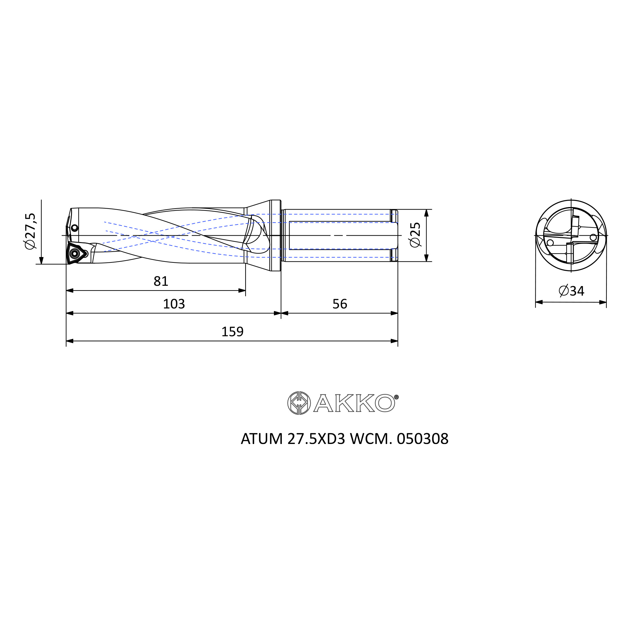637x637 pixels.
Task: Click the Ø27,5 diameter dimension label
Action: click(x=30, y=231)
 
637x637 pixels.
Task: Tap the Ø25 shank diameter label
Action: click(x=415, y=235)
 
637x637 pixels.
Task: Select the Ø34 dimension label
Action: click(x=571, y=291)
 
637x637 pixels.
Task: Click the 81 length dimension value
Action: click(x=161, y=281)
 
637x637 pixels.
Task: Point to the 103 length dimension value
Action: click(x=174, y=304)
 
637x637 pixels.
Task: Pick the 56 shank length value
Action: click(x=340, y=304)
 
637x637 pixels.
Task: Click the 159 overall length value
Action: click(x=232, y=332)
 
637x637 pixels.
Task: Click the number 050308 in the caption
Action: click(x=422, y=439)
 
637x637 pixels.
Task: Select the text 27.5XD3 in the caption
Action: click(x=316, y=439)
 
